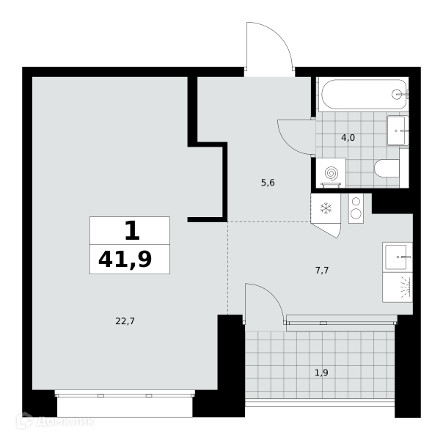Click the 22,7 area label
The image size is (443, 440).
click(x=125, y=321)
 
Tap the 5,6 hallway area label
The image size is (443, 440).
click(x=268, y=183)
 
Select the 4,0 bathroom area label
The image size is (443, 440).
click(x=348, y=138)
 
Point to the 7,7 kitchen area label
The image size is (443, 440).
click(x=322, y=271)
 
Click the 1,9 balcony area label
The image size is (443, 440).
click(x=321, y=373)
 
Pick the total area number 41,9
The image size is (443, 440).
click(x=125, y=260)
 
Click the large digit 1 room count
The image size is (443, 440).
click(x=132, y=230)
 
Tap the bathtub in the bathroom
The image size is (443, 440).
click(x=362, y=95)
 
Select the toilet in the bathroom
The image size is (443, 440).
click(x=387, y=169)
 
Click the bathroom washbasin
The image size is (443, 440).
click(x=398, y=131)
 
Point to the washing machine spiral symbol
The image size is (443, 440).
click(x=331, y=173)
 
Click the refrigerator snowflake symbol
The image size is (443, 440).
click(x=326, y=208)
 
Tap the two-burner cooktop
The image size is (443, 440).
click(x=356, y=208)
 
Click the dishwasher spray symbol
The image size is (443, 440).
click(x=407, y=287)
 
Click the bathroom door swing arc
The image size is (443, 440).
click(x=288, y=144)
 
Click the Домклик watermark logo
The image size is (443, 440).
click(x=55, y=422)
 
